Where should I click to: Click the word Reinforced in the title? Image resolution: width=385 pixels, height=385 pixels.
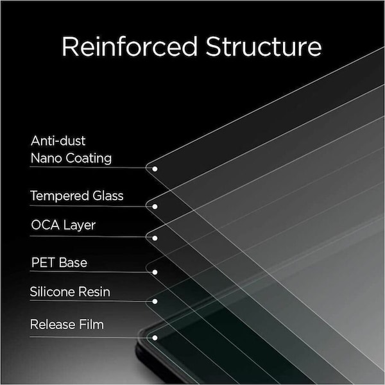coord(130,46)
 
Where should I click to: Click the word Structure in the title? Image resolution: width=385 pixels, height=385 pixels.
coord(264,46)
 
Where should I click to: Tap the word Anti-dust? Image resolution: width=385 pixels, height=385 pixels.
coord(58,141)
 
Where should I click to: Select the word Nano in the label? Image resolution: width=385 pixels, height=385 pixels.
coord(46,158)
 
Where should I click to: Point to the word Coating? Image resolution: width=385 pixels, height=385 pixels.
coord(89,158)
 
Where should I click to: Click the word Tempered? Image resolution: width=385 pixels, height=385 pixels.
coord(60,196)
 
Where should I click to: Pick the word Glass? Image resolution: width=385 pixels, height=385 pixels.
coord(108,196)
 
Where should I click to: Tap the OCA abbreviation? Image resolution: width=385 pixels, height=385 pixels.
coord(46,225)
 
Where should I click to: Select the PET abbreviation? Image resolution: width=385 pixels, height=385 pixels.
coord(43,262)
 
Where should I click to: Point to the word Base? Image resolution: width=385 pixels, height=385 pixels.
coord(73,262)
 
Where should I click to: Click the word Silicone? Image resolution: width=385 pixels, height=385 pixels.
coord(49,292)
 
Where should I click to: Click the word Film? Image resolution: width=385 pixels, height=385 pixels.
coord(91,324)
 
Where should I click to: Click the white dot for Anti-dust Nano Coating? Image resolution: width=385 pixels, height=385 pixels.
coord(155,169)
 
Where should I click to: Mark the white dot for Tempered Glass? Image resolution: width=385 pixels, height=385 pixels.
coord(155,207)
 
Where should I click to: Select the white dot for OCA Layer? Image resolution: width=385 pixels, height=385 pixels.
coord(155,238)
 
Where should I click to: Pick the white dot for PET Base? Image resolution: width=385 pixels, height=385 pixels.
coord(155,272)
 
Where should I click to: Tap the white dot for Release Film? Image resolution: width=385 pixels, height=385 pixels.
coord(155,338)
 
